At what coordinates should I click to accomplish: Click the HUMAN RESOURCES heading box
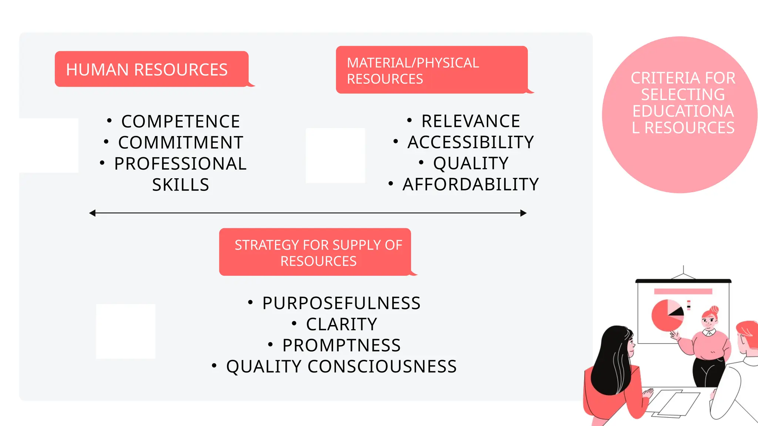[x=151, y=69]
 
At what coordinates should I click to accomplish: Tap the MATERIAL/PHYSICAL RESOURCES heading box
[x=432, y=70]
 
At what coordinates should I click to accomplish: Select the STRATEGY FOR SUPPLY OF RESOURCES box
[x=315, y=252]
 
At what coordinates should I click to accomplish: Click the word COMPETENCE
[x=181, y=122]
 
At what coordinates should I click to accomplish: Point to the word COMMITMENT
[x=181, y=143]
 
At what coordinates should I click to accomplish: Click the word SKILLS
[x=181, y=185]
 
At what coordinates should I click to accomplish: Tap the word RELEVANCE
[x=471, y=121]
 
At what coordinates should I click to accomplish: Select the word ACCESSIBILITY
[x=471, y=142]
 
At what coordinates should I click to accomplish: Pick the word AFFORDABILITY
[x=471, y=185]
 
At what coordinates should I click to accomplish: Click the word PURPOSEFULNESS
[x=341, y=303]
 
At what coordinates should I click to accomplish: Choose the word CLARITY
[x=341, y=324]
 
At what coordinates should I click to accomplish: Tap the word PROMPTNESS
[x=341, y=345]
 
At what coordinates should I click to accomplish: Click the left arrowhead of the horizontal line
[x=93, y=213]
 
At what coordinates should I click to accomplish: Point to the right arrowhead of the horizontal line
[x=523, y=213]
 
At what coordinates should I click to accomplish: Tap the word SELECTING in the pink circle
[x=683, y=95]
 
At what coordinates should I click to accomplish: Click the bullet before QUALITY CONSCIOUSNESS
[x=214, y=366]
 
